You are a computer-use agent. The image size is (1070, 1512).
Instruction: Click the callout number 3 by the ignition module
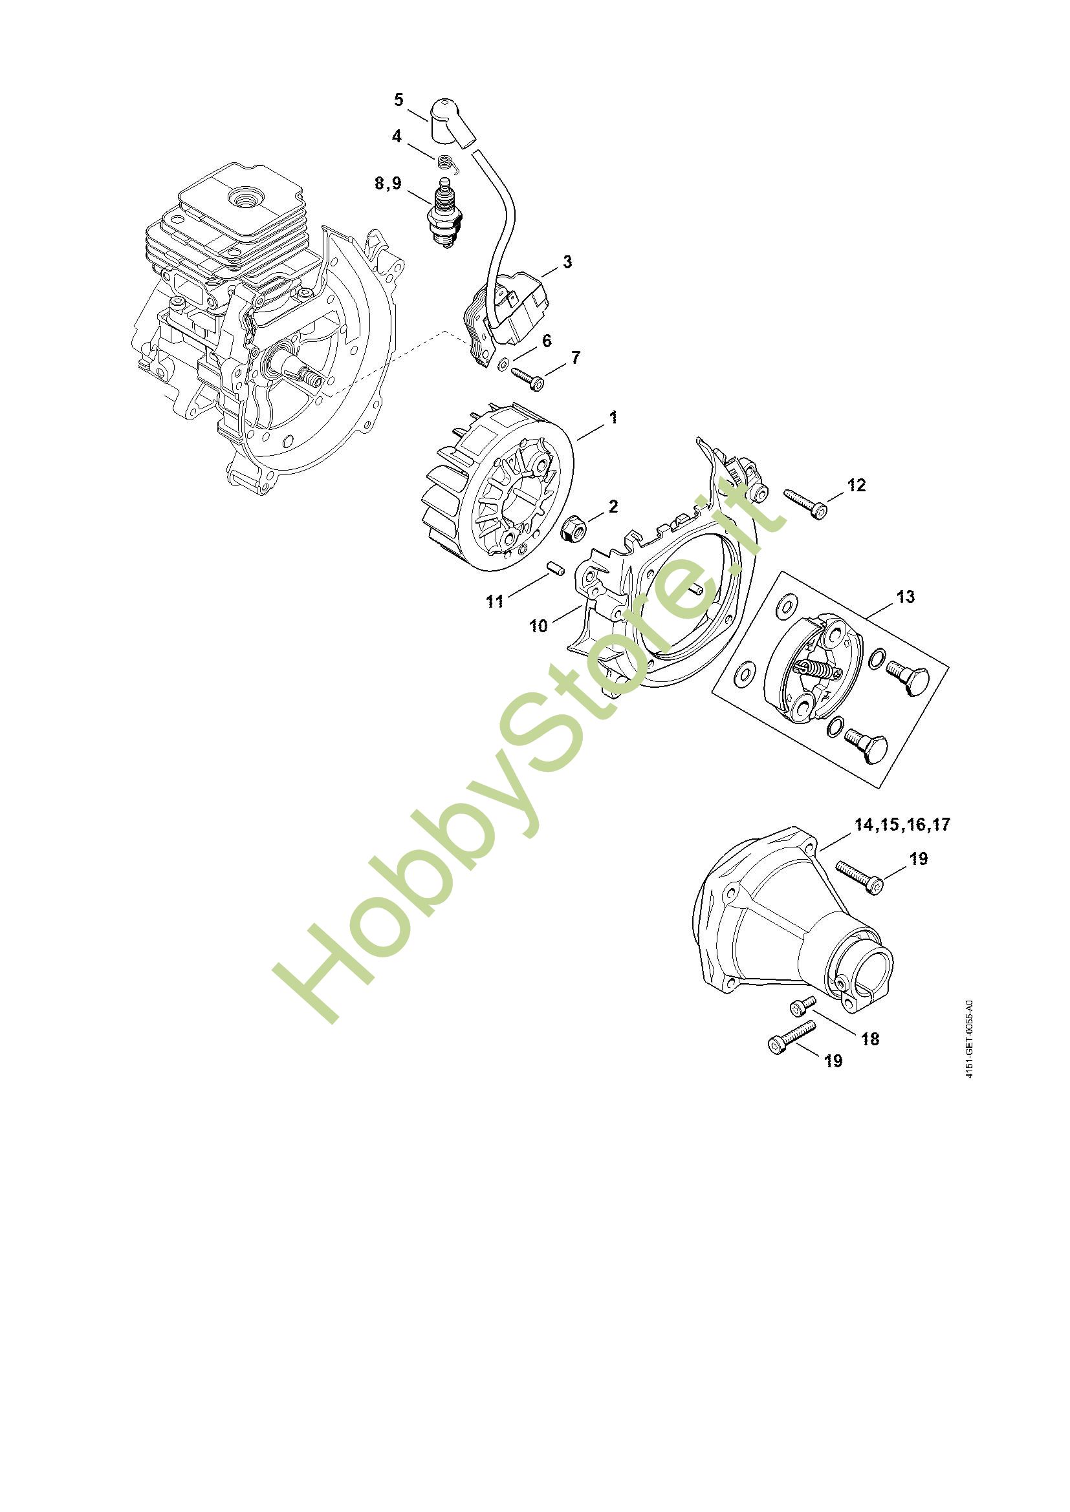[567, 262]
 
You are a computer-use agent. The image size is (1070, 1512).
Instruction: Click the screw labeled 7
[528, 378]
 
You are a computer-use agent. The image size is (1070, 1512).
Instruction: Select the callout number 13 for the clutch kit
[905, 597]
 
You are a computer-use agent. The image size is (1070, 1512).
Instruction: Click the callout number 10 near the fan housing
[538, 626]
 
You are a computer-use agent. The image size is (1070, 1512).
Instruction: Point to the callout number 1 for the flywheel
[613, 418]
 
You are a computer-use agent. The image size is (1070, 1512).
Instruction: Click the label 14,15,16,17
[902, 824]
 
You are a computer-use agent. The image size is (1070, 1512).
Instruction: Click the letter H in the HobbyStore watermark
[317, 955]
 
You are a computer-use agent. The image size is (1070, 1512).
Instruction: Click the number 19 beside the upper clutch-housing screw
[918, 858]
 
